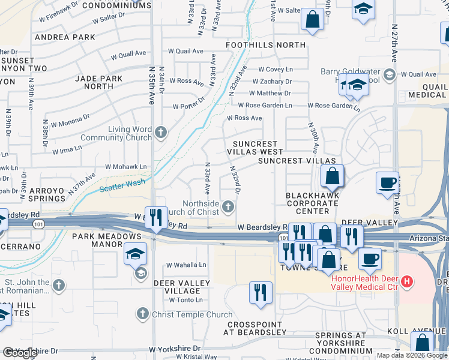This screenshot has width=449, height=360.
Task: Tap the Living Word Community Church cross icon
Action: tap(160, 131)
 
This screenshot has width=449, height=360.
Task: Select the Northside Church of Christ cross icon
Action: tap(228, 208)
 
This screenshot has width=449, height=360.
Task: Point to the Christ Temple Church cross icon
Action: tap(142, 313)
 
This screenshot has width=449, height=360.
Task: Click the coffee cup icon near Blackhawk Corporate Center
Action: tap(387, 181)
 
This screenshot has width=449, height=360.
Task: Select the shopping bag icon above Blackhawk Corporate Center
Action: tap(331, 176)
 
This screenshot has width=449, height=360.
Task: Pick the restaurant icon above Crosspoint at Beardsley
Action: tap(260, 293)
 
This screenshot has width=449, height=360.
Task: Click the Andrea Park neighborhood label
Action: tap(65, 37)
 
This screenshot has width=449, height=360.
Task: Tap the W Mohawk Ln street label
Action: tap(125, 167)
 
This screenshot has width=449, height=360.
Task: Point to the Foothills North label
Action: tap(265, 45)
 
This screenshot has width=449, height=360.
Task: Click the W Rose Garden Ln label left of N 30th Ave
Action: tap(265, 106)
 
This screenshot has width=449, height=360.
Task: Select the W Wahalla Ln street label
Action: tap(186, 265)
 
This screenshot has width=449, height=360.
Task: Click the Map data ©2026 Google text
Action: tap(412, 355)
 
